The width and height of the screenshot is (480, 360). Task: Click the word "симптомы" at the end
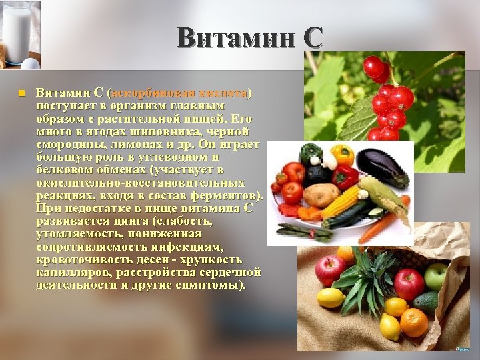click(212, 285)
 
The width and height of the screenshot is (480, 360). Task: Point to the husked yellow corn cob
click(341, 201)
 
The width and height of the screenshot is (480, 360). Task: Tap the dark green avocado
click(426, 303)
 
